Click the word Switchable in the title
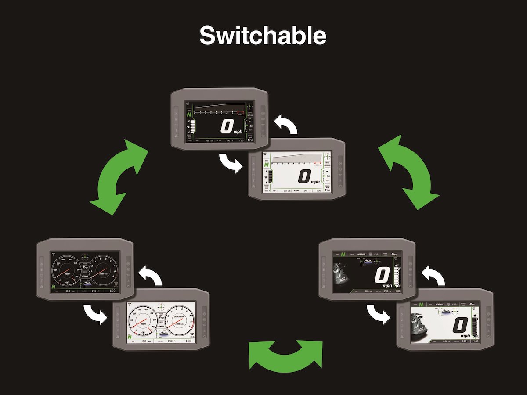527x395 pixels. pos(263,36)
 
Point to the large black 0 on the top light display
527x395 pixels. pos(304,176)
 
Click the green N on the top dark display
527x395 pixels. pos(189,114)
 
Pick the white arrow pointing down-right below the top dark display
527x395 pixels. pos(231,163)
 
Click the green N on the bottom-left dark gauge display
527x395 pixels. pos(54,287)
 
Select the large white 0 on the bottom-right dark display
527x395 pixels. pos(382,276)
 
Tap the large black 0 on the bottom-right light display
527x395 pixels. pos(460,326)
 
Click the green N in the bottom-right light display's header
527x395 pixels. pos(420,304)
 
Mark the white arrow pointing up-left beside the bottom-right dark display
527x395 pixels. pos(432,276)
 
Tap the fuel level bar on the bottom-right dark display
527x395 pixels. pos(398,276)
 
